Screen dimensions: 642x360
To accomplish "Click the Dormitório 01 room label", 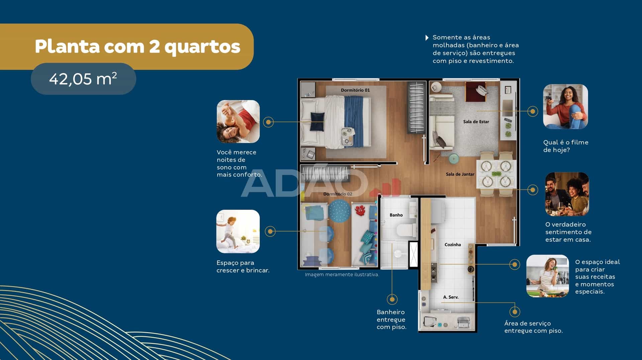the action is click(355, 90).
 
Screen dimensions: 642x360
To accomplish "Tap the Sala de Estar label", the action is click(476, 122).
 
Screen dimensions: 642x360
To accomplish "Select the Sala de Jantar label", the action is click(460, 174).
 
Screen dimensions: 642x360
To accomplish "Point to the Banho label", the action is click(396, 215).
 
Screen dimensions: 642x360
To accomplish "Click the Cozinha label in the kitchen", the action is click(452, 245).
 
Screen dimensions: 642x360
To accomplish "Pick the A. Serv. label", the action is click(451, 297).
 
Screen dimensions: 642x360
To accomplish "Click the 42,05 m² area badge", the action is click(83, 79).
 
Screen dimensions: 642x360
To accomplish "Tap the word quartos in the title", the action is click(202, 47).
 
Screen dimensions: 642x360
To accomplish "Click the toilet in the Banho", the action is click(406, 230).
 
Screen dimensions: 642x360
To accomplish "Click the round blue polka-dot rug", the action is click(339, 211).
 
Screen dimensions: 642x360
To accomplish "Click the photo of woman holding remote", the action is click(565, 107).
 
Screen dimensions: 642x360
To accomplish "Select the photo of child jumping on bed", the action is click(238, 231).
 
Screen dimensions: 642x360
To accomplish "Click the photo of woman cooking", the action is click(547, 276).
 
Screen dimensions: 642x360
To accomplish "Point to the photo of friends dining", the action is click(567, 194).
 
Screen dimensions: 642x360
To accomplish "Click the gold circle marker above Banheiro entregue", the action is click(392, 299).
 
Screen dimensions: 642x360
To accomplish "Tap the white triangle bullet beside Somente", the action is click(427, 38).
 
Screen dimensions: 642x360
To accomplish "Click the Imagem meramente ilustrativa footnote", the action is click(342, 274).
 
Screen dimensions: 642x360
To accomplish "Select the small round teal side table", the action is click(454, 159).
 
